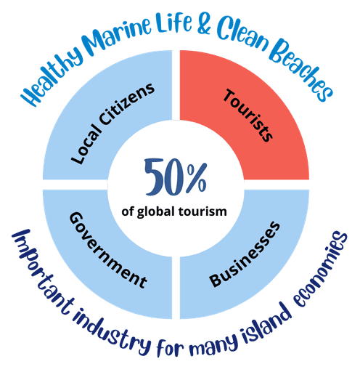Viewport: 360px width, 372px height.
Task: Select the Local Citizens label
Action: (112, 124)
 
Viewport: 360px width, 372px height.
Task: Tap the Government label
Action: (108, 250)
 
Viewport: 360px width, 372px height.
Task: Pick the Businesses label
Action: (245, 254)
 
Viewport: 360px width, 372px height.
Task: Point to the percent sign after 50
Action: (197, 177)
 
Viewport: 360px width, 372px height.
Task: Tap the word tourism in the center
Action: (202, 211)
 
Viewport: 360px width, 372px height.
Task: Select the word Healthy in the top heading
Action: (53, 77)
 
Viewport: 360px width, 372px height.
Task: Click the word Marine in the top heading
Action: (117, 34)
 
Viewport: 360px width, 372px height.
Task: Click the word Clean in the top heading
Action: (242, 34)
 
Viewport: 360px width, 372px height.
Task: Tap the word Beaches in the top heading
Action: (302, 70)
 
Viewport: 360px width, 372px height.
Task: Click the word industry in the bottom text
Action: (112, 334)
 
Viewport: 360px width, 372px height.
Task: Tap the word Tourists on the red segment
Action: (247, 116)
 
